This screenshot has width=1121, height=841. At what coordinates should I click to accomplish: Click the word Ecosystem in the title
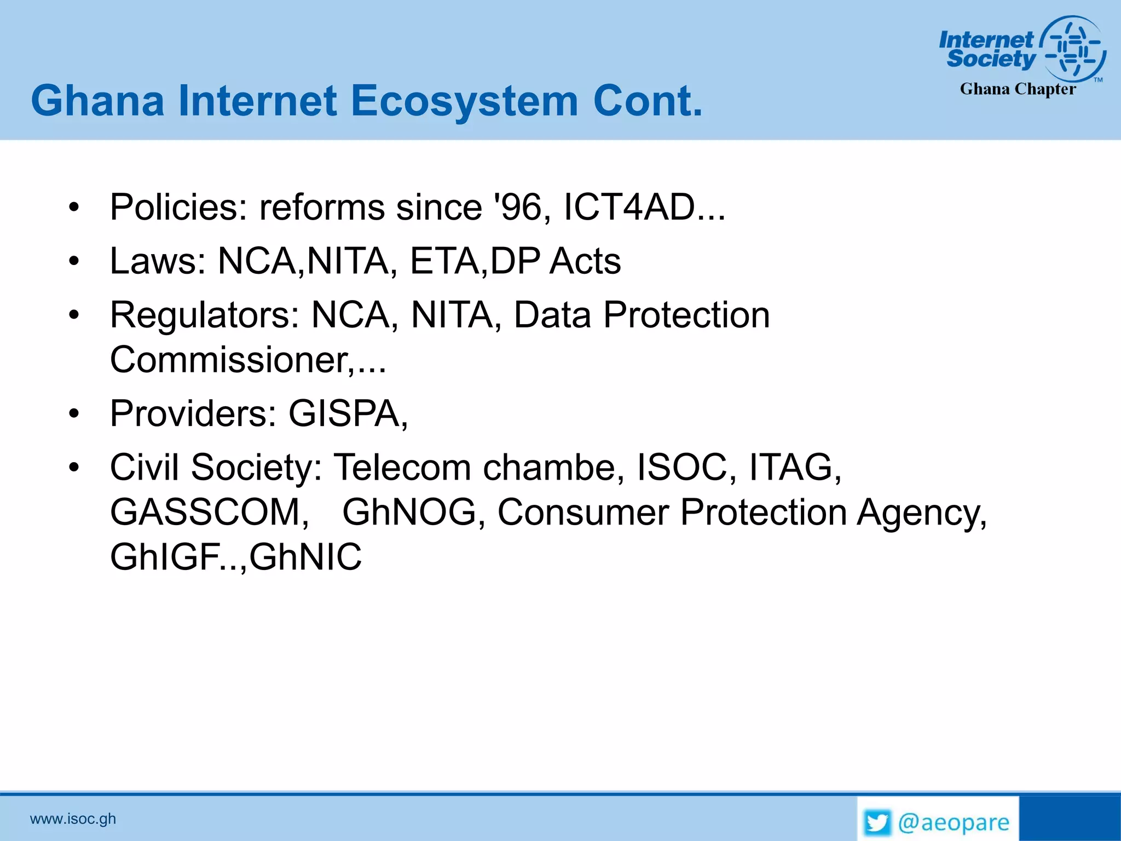tap(464, 101)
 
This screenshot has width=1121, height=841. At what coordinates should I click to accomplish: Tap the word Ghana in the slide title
tap(97, 101)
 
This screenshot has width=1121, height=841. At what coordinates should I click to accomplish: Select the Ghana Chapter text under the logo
tap(1018, 89)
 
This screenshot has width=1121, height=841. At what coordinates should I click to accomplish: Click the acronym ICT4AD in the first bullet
tap(629, 208)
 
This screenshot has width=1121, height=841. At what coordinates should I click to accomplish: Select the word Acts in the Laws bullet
tap(585, 261)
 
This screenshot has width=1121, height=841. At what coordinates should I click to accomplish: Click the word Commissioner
tap(228, 360)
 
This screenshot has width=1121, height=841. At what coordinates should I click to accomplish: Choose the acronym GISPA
tap(344, 413)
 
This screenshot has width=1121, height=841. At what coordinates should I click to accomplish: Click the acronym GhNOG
tap(409, 512)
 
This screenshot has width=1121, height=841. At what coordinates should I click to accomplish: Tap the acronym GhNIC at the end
tap(305, 557)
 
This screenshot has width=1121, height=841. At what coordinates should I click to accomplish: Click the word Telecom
tap(402, 468)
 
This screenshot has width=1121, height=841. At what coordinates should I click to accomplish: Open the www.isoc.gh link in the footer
tap(73, 819)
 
